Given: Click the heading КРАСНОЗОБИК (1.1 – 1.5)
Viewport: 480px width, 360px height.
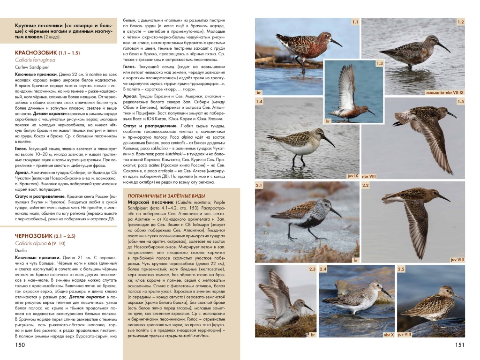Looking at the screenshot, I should pyautogui.click(x=47, y=53).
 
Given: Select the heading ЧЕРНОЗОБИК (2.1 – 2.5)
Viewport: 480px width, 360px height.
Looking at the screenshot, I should pyautogui.click(x=45, y=235).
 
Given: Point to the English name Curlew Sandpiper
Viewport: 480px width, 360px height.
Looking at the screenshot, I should pyautogui.click(x=30, y=67).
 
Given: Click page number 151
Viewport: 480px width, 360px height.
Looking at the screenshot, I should pyautogui.click(x=459, y=345).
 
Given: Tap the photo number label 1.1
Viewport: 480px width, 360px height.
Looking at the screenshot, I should pyautogui.click(x=355, y=22).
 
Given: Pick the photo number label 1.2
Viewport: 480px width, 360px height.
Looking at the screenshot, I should pyautogui.click(x=460, y=22).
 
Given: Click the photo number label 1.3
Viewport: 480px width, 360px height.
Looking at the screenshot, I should pyautogui.click(x=380, y=63).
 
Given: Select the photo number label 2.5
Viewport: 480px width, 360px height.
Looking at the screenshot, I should pyautogui.click(x=401, y=269).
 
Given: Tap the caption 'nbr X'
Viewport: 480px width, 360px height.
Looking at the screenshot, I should pyautogui.click(x=389, y=334).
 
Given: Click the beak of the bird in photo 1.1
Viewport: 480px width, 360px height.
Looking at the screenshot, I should pyautogui.click(x=336, y=43).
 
